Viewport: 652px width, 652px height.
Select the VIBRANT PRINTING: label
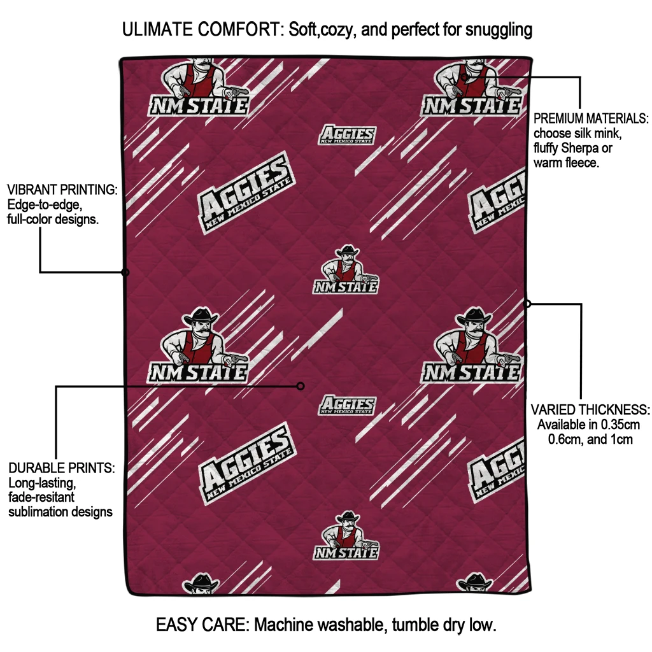click(62, 190)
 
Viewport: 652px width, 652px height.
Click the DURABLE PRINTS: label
click(61, 468)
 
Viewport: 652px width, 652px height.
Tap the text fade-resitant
click(41, 497)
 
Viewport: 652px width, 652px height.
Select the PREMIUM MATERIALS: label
click(591, 118)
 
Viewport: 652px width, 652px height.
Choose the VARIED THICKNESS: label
click(591, 409)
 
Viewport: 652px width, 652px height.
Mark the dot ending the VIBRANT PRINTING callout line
click(125, 273)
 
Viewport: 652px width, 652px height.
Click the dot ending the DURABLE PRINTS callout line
click(301, 386)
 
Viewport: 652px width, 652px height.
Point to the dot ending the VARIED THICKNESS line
click(527, 304)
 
